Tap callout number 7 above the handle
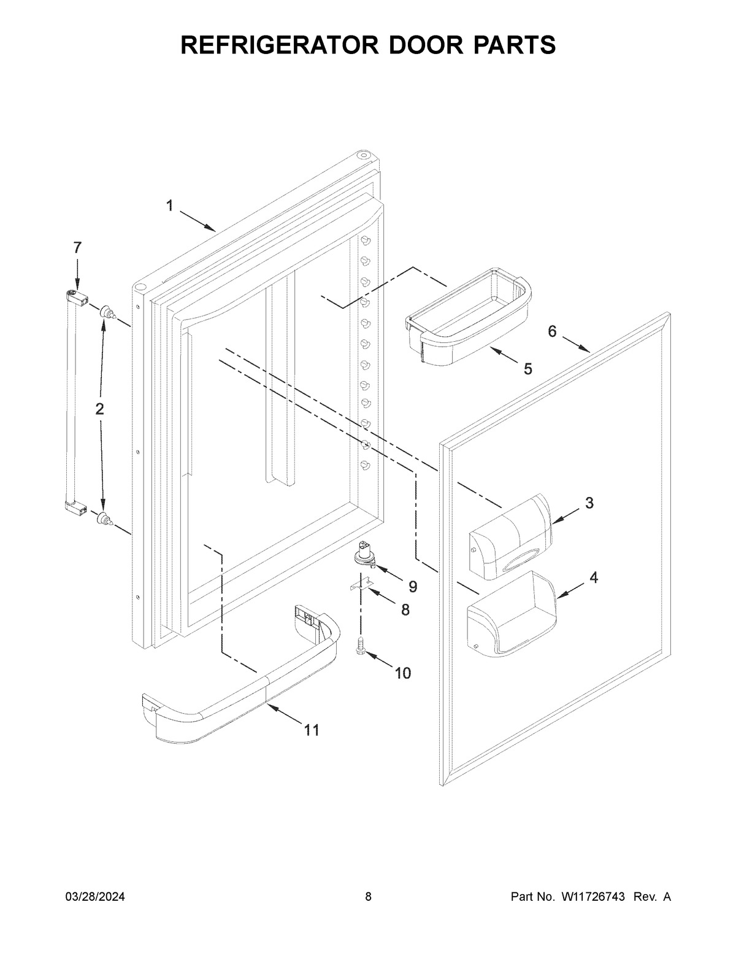[x=77, y=248]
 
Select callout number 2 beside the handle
[x=99, y=409]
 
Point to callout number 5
[x=527, y=369]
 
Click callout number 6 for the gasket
[x=552, y=331]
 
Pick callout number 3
[x=589, y=503]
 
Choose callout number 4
[x=594, y=577]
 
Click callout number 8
[x=404, y=610]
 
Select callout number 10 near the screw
[x=402, y=673]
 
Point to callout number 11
[x=312, y=730]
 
